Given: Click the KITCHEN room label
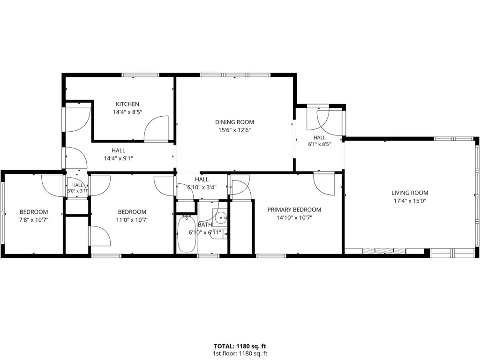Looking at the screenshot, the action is point(127,104).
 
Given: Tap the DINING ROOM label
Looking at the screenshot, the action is point(234,122).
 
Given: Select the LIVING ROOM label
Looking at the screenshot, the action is point(410,193).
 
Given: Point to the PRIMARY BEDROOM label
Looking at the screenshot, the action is point(294,210).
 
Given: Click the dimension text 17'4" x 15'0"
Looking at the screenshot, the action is point(410,201).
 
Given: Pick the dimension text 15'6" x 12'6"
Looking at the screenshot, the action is point(234,130).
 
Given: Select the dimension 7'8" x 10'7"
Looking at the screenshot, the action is point(34,219).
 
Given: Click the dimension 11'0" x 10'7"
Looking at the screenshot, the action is point(132,219).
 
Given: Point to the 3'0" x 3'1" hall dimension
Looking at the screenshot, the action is point(77,191).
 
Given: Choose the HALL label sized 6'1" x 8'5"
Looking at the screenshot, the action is point(319,138).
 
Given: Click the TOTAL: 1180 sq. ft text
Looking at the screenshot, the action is point(240,346).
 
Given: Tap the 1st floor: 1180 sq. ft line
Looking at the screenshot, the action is point(240,353).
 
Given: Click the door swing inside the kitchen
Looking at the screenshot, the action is point(156,128).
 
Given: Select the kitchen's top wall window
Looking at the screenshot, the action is point(141,75).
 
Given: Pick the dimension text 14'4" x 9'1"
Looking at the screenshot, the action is point(119,158).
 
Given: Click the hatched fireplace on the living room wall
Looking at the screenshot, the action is point(384,251).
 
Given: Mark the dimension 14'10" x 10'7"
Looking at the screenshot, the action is point(294,217).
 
